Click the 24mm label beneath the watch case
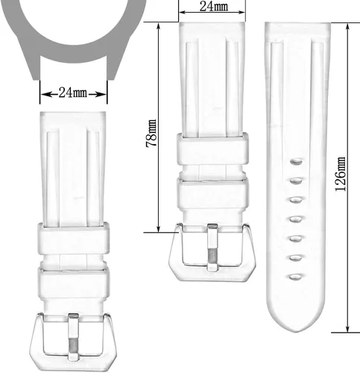[73, 93]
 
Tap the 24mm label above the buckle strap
[214, 6]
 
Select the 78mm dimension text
[151, 134]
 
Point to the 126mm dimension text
[341, 174]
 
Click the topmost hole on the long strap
[296, 162]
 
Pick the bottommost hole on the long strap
[296, 277]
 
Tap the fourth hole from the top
[296, 219]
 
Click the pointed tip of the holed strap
[295, 332]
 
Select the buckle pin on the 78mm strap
[212, 247]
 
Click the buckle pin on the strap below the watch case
[74, 337]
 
